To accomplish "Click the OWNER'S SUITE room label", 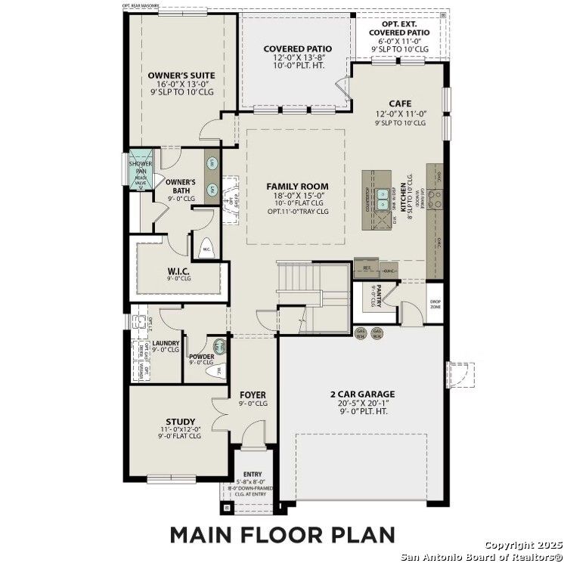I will coord(181,75).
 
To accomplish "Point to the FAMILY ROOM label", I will coord(297,186).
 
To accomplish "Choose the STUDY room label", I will coord(181,422).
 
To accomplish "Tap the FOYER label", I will coord(253,394).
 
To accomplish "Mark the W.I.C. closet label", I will coord(178,271).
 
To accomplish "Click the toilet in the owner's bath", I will coord(206,248).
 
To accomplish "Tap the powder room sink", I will coord(220,347).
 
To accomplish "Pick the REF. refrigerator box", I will coord(367,268).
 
